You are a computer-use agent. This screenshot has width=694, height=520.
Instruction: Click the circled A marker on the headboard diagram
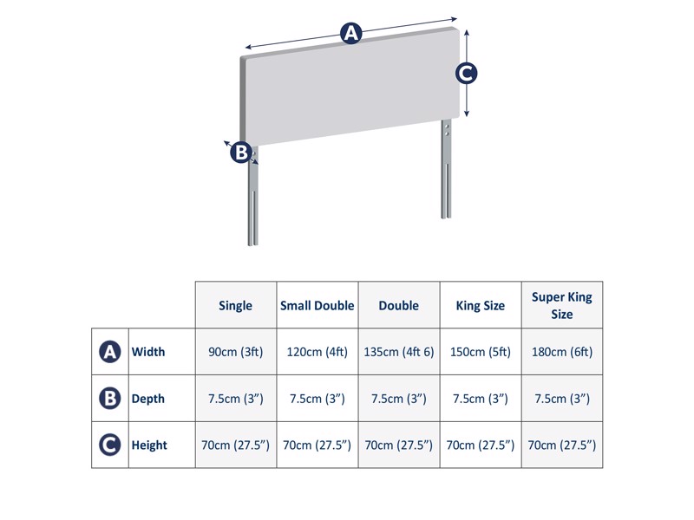click(350, 34)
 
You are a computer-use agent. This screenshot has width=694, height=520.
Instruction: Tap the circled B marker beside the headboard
click(240, 153)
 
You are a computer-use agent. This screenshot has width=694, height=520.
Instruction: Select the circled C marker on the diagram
click(467, 74)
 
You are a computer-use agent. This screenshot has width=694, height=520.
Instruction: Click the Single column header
click(236, 305)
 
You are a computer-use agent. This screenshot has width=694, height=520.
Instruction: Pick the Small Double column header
click(318, 305)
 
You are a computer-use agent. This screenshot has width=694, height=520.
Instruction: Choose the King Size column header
click(481, 305)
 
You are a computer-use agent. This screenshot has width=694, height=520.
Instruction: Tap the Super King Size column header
click(562, 305)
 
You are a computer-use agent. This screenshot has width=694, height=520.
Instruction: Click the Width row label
click(147, 352)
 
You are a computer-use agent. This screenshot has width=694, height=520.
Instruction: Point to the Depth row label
click(147, 399)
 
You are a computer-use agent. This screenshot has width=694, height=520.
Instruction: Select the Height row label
click(148, 445)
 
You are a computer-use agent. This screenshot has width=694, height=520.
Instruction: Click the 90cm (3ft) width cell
click(236, 352)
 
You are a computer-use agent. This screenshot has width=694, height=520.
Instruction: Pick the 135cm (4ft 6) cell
click(399, 352)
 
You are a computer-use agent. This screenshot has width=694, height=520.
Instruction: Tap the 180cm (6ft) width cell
click(562, 352)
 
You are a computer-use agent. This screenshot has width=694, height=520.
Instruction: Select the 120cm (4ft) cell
click(318, 352)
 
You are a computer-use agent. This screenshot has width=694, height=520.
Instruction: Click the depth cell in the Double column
click(399, 399)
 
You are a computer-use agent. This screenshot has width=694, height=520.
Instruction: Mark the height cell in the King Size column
click(481, 445)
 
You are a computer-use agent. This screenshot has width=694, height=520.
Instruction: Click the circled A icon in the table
click(110, 352)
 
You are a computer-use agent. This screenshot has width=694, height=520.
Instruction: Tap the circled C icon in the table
click(110, 445)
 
